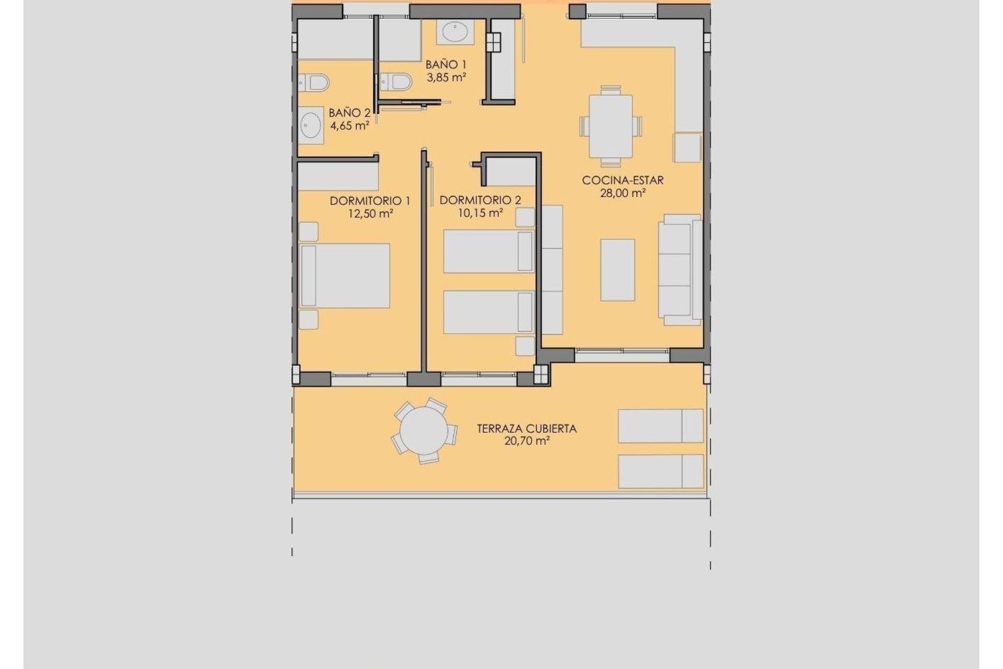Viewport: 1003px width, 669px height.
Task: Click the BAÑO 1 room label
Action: click(446, 65)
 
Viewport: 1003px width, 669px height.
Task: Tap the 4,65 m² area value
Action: click(349, 125)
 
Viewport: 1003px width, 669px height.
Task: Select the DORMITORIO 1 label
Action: click(370, 201)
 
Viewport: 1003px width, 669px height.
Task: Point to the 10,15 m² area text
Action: click(480, 213)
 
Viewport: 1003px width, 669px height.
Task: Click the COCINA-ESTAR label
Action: click(623, 180)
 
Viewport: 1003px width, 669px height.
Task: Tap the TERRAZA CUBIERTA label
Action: click(527, 429)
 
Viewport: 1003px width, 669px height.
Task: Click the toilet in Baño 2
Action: click(314, 83)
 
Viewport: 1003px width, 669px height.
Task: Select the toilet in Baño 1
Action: click(396, 82)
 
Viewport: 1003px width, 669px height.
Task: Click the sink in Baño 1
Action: click(456, 32)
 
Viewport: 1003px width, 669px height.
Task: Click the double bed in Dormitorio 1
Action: click(345, 275)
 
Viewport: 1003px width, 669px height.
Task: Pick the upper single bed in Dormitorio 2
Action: click(488, 251)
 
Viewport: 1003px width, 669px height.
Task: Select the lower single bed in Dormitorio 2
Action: click(488, 312)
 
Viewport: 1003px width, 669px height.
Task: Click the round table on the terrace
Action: click(424, 432)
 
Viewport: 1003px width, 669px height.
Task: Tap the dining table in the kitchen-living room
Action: click(611, 126)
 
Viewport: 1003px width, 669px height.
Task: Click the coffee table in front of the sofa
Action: click(617, 270)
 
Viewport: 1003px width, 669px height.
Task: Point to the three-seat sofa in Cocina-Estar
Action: click(680, 270)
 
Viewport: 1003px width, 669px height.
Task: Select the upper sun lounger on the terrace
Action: click(660, 426)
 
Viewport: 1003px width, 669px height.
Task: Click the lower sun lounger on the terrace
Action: click(660, 471)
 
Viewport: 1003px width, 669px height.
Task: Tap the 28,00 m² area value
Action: click(623, 193)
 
